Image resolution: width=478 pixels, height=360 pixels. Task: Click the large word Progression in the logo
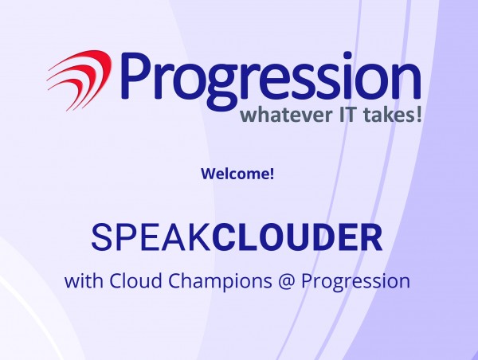(271, 80)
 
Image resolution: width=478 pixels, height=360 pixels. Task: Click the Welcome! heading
(237, 174)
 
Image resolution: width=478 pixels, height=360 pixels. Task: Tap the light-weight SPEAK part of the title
(151, 237)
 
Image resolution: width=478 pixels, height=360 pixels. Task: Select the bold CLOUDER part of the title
(297, 237)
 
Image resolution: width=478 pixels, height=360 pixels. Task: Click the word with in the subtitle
(84, 280)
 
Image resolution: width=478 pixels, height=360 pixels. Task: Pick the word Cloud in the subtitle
(135, 280)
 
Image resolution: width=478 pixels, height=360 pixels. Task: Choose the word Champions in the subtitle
(220, 282)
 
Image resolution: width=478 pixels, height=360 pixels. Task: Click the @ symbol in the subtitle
(287, 282)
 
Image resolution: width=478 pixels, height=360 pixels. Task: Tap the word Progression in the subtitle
(356, 282)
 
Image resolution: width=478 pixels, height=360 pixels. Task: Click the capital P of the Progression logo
(135, 76)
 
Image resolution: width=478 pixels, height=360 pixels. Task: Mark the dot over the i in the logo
(347, 56)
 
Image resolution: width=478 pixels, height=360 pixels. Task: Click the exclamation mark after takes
(419, 115)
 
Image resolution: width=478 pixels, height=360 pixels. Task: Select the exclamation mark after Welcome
(272, 174)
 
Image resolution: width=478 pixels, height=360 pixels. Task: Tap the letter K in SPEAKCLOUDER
(200, 237)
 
